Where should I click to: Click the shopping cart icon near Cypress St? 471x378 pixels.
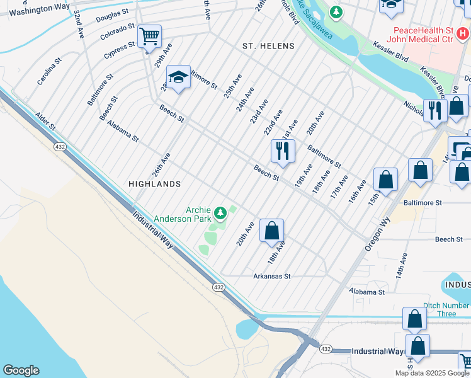(150, 36)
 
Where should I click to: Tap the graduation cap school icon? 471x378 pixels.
(179, 77)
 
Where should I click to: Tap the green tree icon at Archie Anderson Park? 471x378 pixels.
(220, 214)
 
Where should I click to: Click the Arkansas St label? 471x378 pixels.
(271, 276)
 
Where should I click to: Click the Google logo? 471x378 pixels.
(21, 370)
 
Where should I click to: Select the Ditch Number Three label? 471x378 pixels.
(438, 309)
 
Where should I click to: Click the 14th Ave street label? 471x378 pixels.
(401, 266)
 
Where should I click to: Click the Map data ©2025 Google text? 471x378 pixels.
(432, 373)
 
